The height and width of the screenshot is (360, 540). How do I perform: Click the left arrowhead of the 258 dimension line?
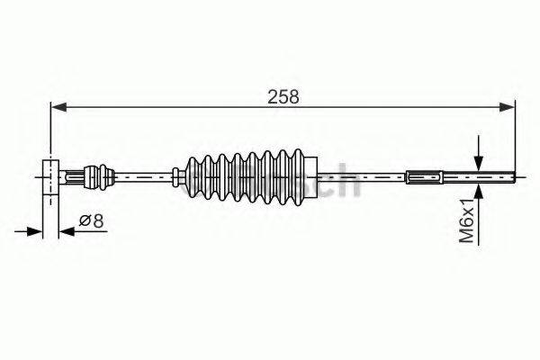(58, 107)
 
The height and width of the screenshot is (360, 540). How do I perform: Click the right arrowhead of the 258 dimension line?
(509, 107)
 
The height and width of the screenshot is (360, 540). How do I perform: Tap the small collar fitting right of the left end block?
(98, 175)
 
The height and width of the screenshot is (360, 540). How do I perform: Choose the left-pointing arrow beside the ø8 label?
(67, 232)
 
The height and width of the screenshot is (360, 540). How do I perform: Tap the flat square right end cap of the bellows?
(310, 175)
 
